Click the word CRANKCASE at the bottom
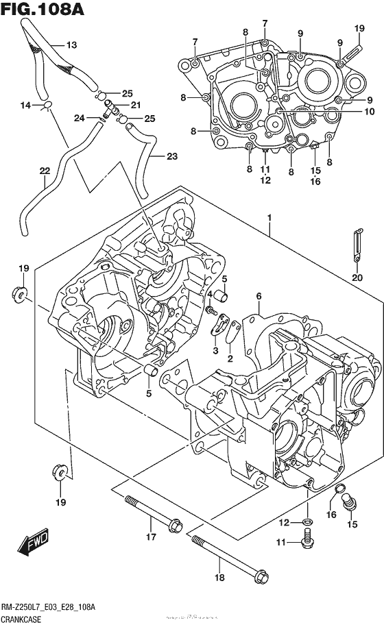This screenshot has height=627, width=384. (23, 619)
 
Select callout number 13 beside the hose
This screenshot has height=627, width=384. (71, 45)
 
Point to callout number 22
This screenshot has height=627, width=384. (45, 171)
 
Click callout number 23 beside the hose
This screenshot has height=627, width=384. (171, 156)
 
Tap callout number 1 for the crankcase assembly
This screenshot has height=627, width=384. (269, 218)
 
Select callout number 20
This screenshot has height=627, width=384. (356, 278)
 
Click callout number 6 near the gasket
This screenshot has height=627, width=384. (259, 296)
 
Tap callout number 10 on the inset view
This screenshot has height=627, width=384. (368, 111)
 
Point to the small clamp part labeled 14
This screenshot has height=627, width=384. (47, 105)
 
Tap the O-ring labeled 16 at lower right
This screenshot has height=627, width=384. (339, 489)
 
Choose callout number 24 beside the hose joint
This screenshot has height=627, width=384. (79, 118)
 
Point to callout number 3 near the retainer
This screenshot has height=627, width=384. (215, 351)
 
